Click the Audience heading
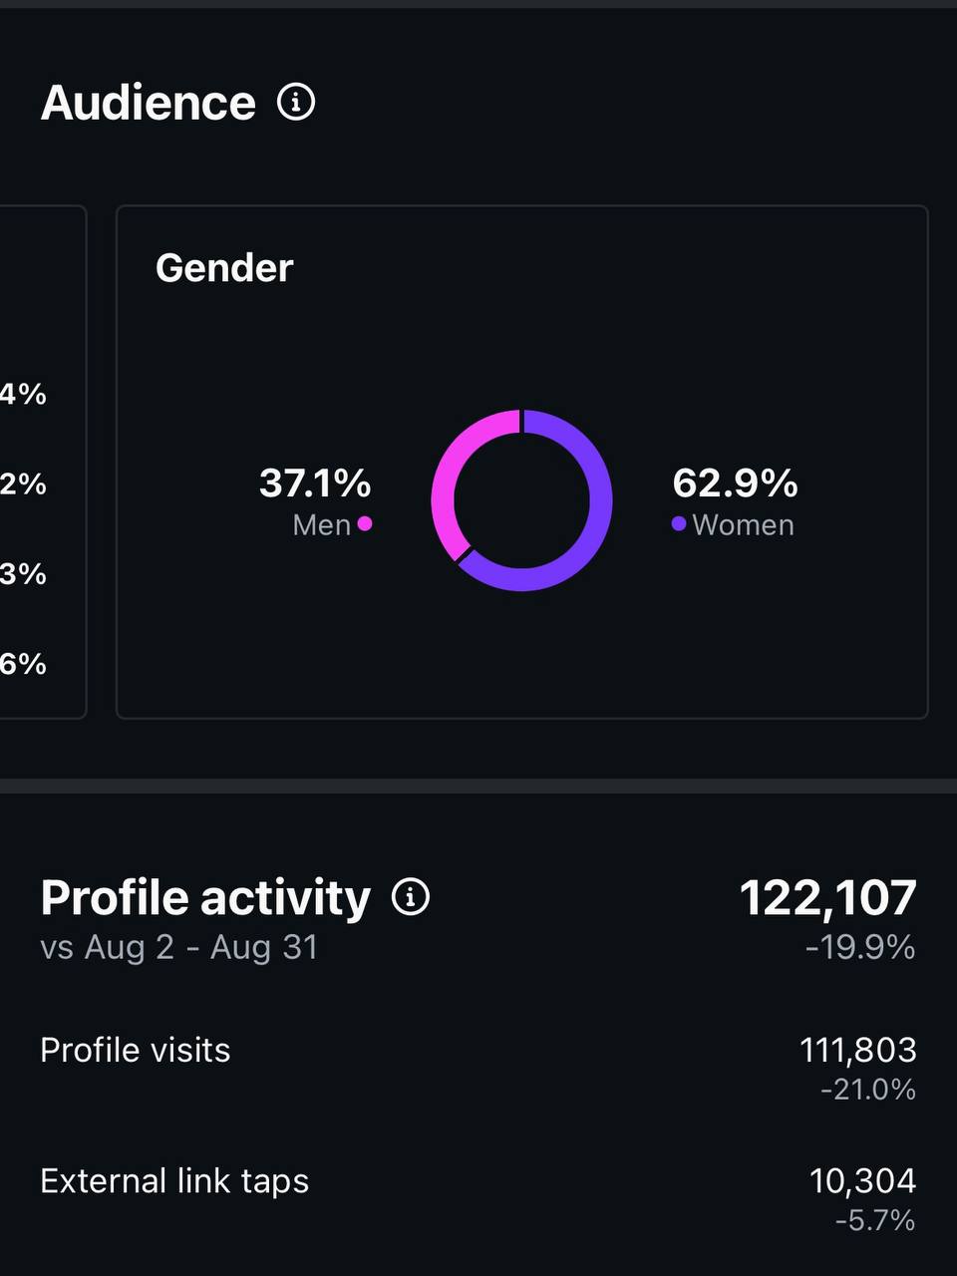tap(148, 103)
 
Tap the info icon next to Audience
tap(296, 102)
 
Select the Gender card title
tap(224, 268)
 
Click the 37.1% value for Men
tap(315, 483)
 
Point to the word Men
tap(321, 525)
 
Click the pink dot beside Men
tap(365, 523)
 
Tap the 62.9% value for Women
tap(735, 483)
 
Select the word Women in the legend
tap(743, 525)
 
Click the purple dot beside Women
tap(679, 523)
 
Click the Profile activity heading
tap(205, 897)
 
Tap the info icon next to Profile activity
tap(411, 897)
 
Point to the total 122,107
tap(827, 898)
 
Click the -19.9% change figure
tap(860, 947)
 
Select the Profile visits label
tap(136, 1050)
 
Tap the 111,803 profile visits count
tap(857, 1050)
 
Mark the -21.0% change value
tap(867, 1090)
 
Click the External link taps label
tap(174, 1181)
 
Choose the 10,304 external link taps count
tap(862, 1181)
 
